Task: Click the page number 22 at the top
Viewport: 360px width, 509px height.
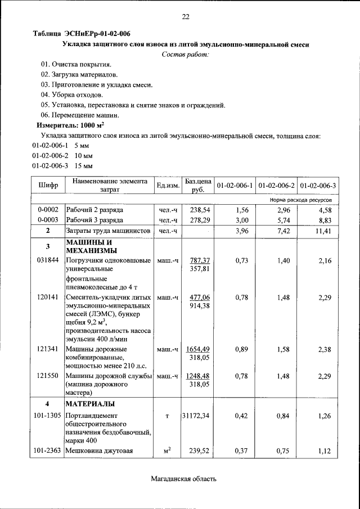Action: (185, 17)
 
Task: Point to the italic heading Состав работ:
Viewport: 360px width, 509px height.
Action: (185, 55)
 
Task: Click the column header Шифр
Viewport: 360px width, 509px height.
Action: (48, 185)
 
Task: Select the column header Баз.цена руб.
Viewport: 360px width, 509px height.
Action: (198, 185)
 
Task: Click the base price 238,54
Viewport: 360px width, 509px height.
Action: (198, 209)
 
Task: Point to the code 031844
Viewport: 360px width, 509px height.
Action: (48, 260)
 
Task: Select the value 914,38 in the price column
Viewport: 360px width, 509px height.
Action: (199, 306)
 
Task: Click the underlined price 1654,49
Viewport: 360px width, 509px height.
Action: (199, 349)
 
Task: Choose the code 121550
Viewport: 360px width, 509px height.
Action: (48, 376)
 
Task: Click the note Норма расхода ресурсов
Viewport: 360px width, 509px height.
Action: (304, 199)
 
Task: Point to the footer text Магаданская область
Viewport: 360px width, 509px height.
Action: (183, 479)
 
